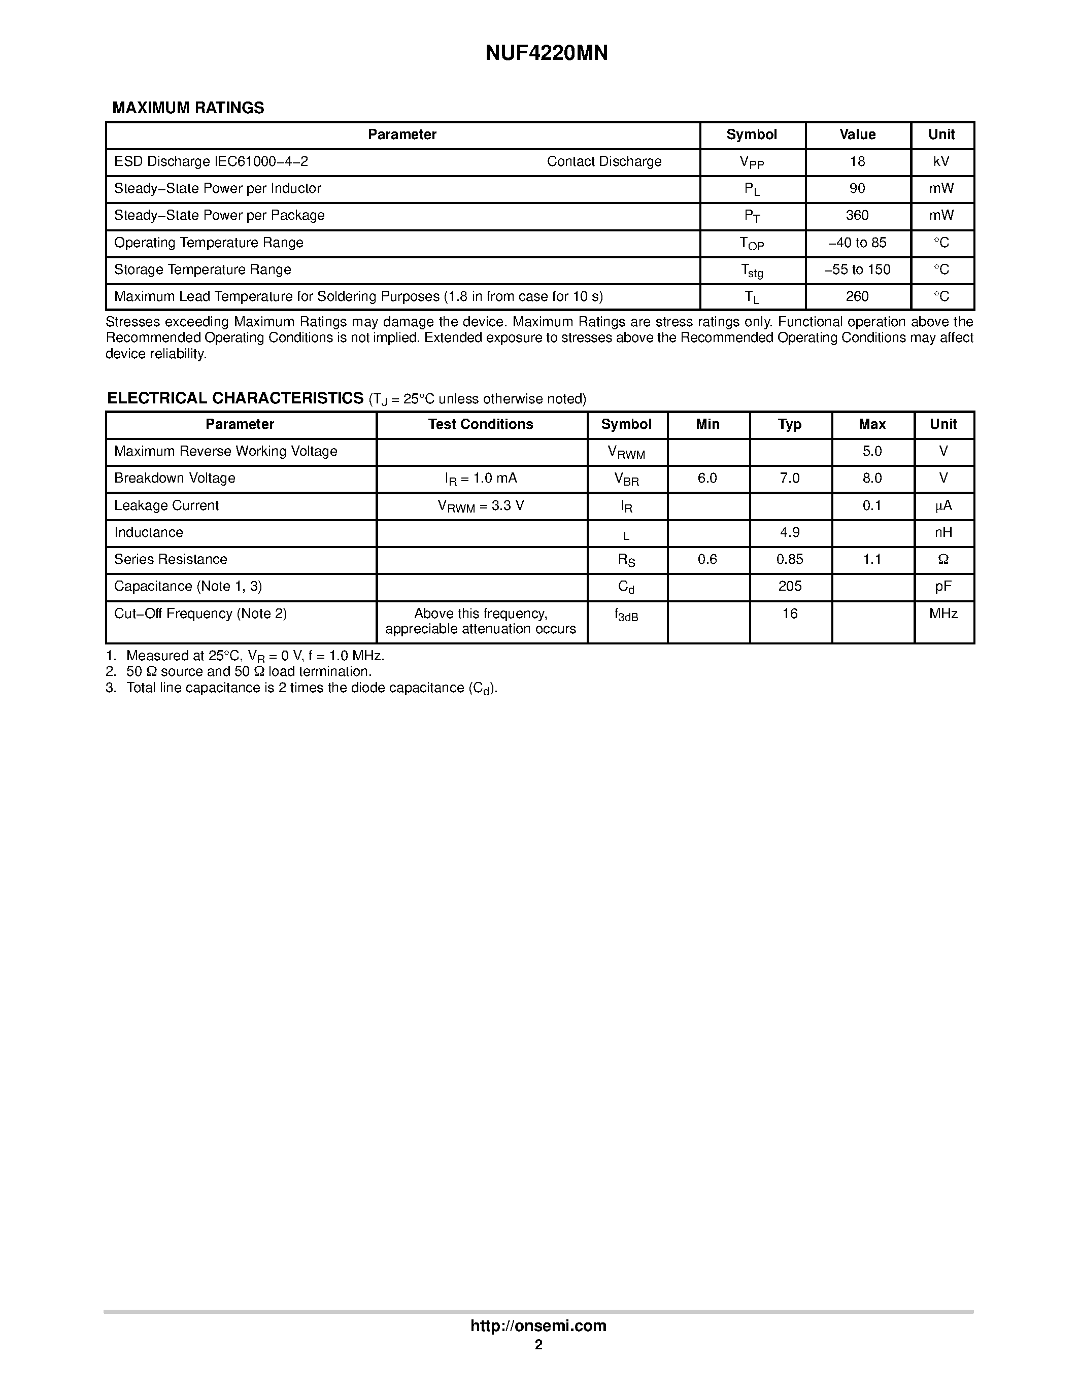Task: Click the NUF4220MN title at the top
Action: point(546,53)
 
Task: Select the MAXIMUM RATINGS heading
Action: point(188,108)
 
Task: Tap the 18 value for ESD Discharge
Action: point(857,162)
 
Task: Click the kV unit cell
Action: point(941,162)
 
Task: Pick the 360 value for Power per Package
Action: point(857,215)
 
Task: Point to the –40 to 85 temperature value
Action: point(857,243)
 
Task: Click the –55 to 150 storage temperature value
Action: point(857,270)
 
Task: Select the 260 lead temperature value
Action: point(857,296)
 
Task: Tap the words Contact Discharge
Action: point(603,162)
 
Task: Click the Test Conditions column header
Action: point(481,424)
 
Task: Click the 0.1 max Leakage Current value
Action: point(872,505)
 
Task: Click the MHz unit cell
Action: point(943,614)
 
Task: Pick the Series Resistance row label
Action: point(171,559)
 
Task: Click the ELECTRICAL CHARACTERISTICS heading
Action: point(235,398)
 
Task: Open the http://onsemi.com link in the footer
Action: point(538,1325)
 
